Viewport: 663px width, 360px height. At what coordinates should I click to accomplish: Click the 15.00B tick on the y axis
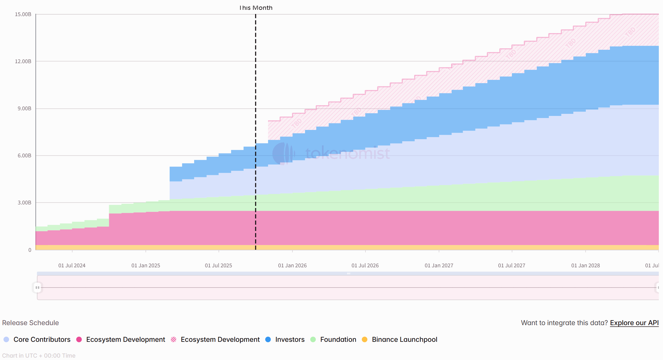[23, 14]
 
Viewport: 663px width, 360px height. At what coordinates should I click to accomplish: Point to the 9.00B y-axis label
[24, 108]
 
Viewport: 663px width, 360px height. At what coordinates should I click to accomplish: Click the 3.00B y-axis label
[24, 203]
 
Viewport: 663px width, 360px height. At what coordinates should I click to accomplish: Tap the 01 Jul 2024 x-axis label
[72, 265]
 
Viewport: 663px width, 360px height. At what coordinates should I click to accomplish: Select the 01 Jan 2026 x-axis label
[292, 265]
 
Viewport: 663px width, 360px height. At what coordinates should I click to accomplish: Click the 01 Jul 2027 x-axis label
[512, 265]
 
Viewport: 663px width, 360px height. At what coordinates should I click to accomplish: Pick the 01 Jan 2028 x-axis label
[585, 265]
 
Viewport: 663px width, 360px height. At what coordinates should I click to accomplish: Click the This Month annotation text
[256, 8]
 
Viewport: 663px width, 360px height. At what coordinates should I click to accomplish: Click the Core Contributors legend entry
[42, 339]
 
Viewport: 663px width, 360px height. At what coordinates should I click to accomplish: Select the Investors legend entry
[290, 339]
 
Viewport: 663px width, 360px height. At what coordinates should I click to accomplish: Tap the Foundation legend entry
[338, 339]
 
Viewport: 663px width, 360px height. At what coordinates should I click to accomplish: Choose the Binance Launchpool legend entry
[404, 339]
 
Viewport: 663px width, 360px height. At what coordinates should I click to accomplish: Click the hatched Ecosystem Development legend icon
[174, 339]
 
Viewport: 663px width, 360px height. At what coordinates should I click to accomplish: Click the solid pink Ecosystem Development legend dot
[79, 339]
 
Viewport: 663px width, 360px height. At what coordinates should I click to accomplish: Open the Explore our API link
[634, 323]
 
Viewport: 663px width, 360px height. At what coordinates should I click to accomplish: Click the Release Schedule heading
[30, 323]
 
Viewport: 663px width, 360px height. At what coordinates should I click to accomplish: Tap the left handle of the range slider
[37, 288]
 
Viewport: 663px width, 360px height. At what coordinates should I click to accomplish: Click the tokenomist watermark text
[347, 153]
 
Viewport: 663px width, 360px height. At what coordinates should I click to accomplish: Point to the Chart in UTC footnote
[39, 356]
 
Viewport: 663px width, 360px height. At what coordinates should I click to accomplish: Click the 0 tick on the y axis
[30, 250]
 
